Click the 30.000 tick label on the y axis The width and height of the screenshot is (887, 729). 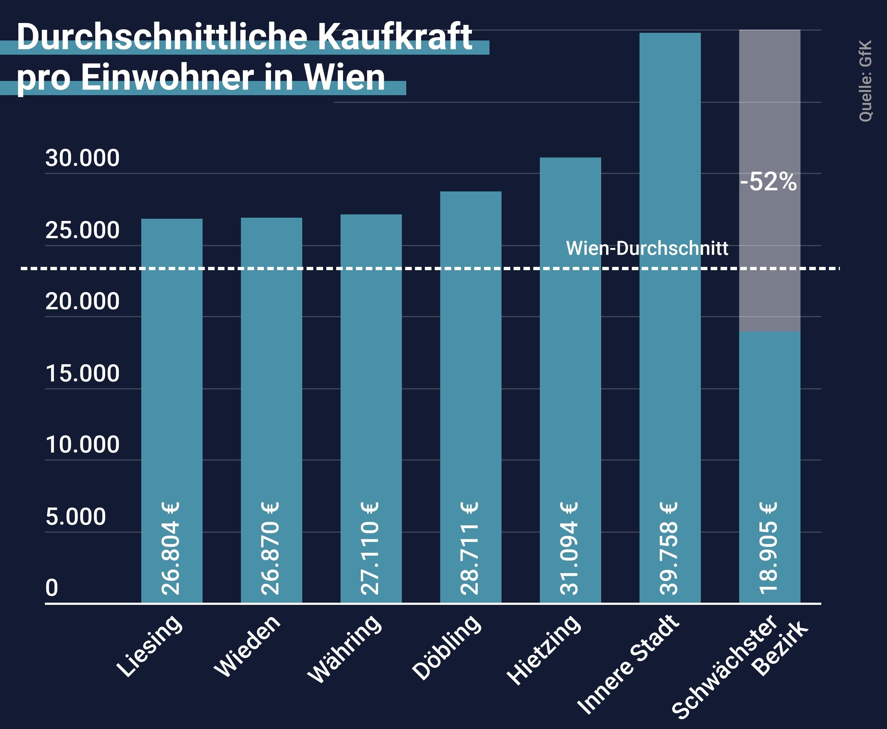click(82, 158)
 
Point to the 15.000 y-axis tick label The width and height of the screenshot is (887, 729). click(82, 373)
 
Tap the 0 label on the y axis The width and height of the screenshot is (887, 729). click(52, 587)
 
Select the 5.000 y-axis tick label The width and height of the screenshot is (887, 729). click(76, 517)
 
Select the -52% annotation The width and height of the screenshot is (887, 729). click(768, 182)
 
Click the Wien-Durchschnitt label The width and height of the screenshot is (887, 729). click(647, 248)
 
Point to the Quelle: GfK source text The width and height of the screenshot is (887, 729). click(865, 81)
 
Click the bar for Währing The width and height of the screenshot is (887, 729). click(371, 378)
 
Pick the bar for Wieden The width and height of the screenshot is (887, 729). click(271, 378)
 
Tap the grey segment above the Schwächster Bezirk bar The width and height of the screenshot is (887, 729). click(769, 126)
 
